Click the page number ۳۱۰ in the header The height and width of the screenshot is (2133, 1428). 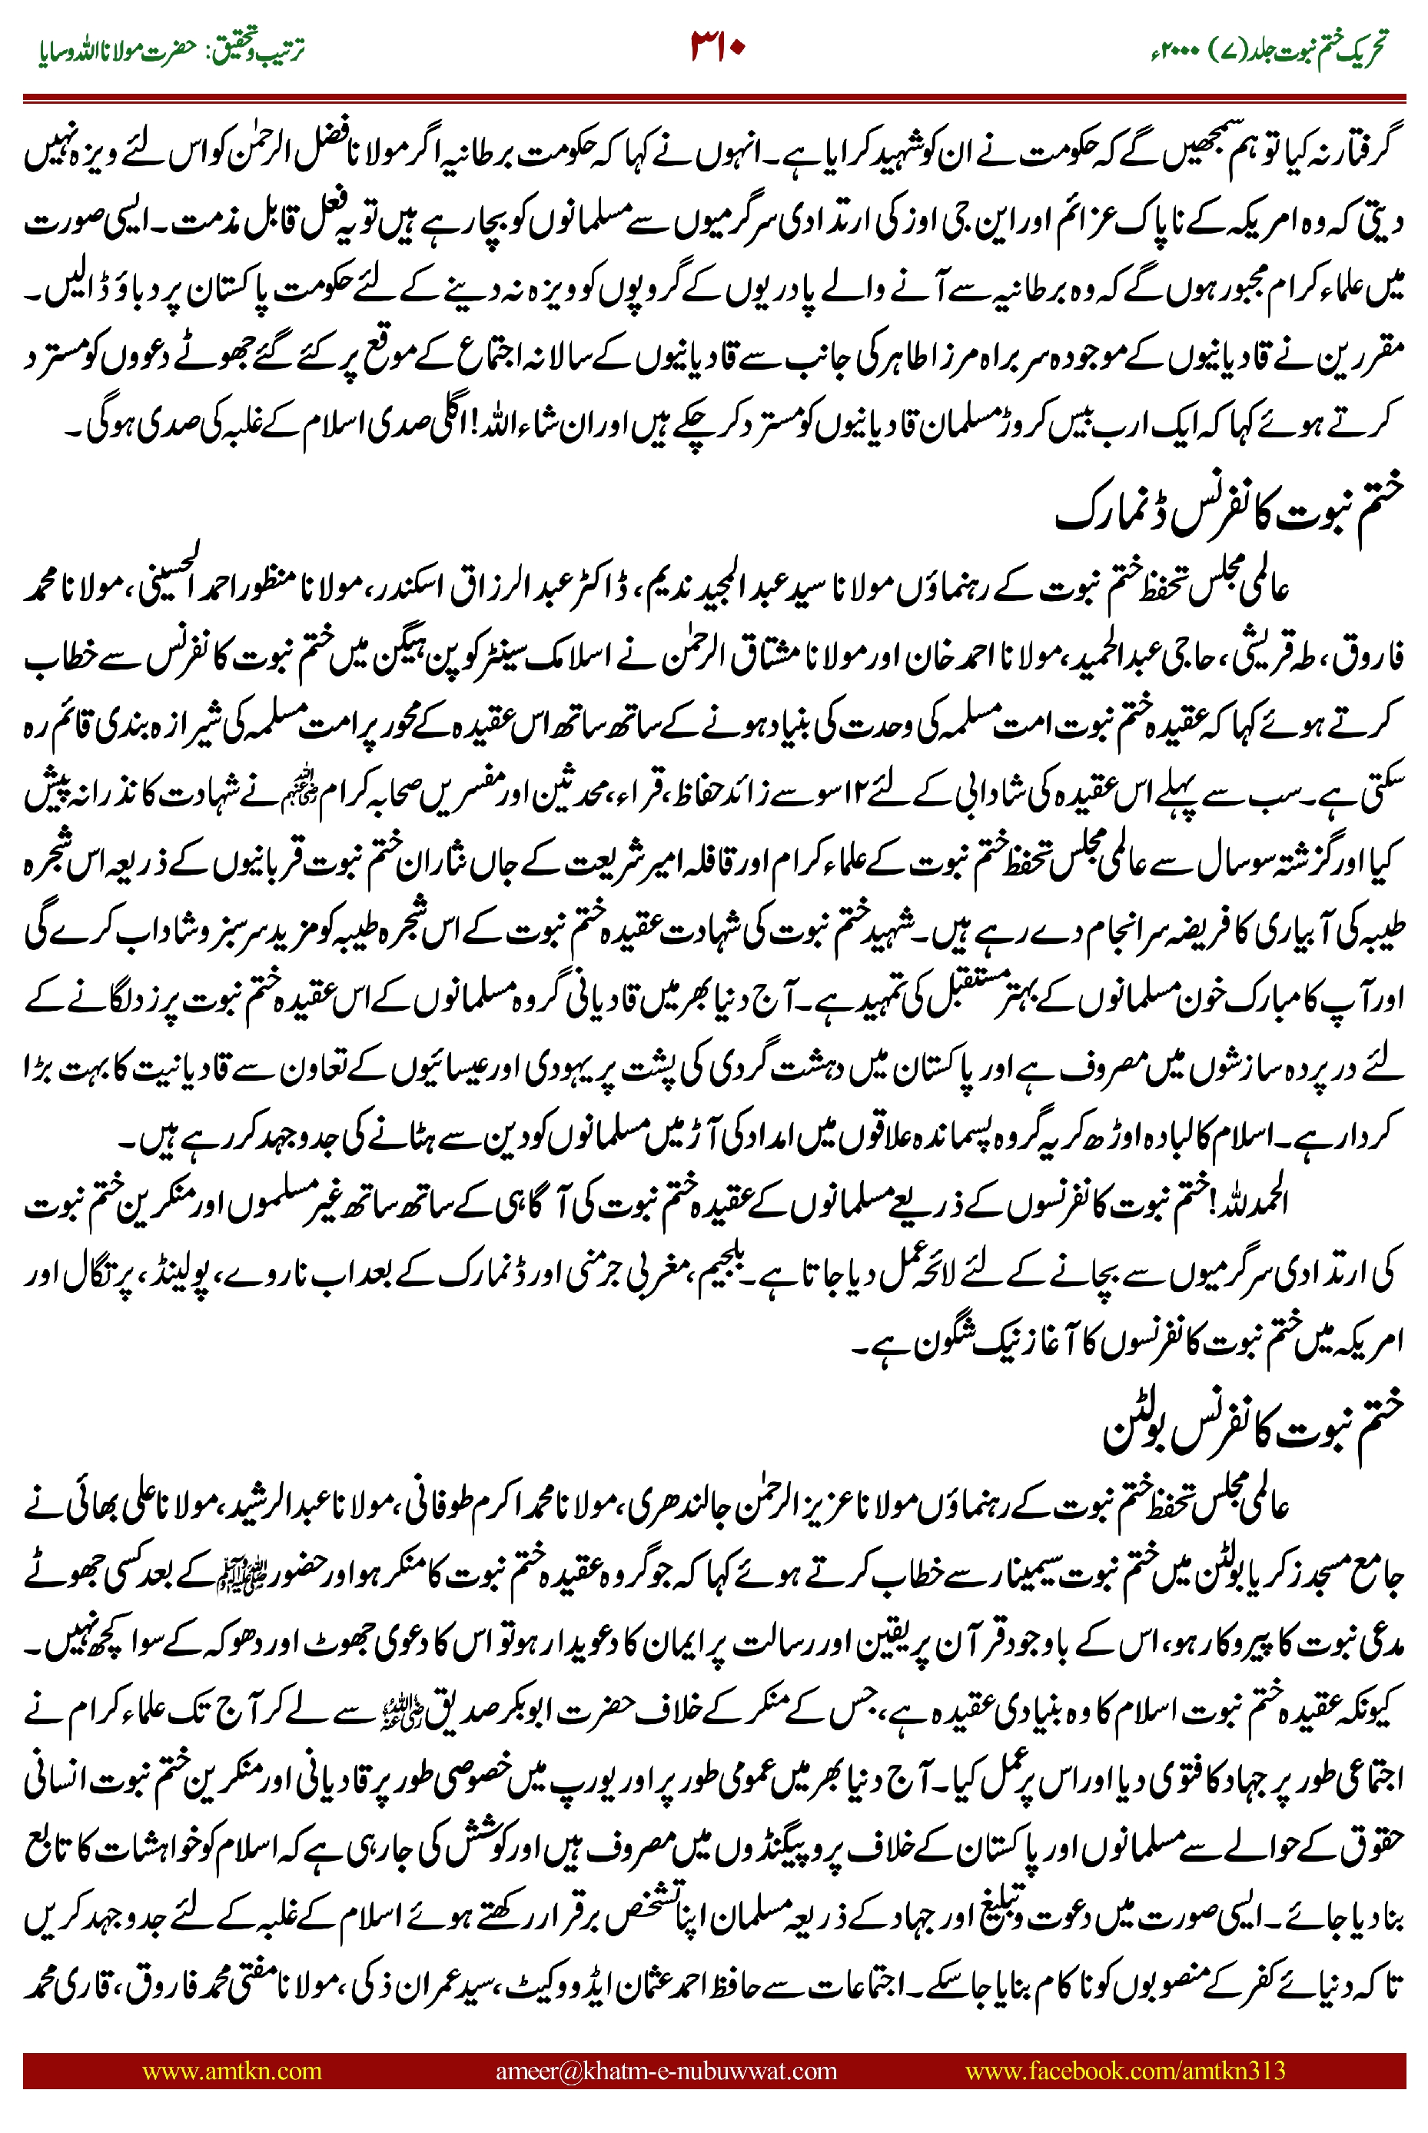pyautogui.click(x=718, y=45)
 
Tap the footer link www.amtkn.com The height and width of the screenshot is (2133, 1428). pyautogui.click(x=231, y=2072)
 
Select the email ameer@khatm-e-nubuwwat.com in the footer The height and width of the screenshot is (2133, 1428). pyautogui.click(x=666, y=2072)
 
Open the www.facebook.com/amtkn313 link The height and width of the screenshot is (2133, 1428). pyautogui.click(x=1124, y=2072)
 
